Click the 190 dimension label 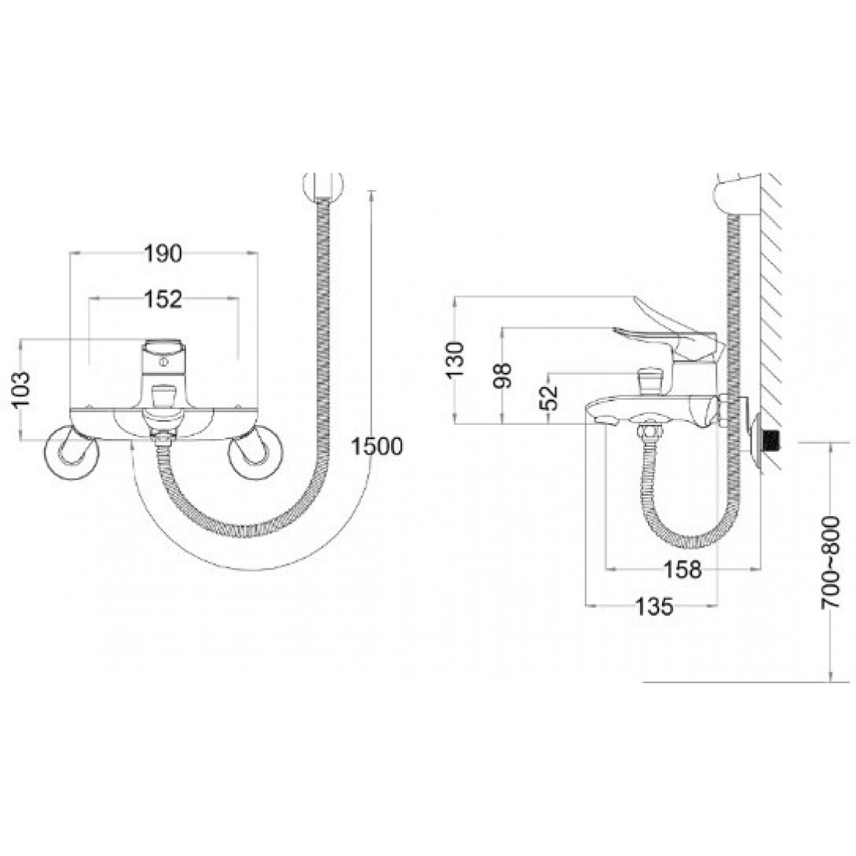[x=163, y=254]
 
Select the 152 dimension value [x=163, y=298]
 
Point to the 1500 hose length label [x=377, y=447]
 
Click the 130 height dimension [x=454, y=359]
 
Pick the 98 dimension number [x=503, y=375]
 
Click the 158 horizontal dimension [x=682, y=569]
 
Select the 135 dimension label [x=654, y=606]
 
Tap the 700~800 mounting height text [x=830, y=562]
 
